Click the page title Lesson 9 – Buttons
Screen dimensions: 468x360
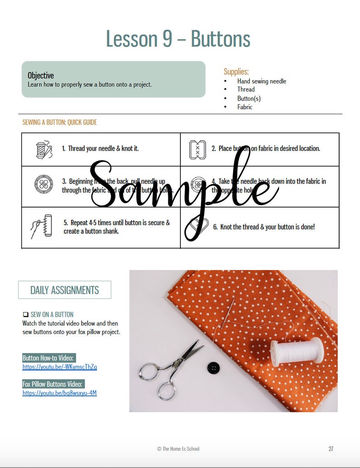point(178,39)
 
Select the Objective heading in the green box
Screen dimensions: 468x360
point(41,75)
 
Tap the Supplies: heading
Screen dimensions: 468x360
point(236,72)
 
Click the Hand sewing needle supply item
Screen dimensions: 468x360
point(262,81)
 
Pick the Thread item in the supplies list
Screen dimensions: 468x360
point(246,90)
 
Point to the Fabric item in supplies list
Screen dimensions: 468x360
point(245,107)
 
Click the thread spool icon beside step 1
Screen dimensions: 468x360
point(44,150)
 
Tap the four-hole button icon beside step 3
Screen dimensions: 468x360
point(44,184)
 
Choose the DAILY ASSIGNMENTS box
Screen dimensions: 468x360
point(64,290)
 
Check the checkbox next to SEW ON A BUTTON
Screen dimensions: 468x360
point(25,314)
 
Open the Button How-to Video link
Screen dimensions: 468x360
point(59,367)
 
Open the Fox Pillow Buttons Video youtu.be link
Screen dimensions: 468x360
point(59,393)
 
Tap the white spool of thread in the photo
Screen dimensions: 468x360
point(297,350)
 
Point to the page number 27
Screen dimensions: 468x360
point(331,449)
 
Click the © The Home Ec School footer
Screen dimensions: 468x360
point(178,449)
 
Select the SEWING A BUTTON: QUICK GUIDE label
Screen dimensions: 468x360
point(59,122)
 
